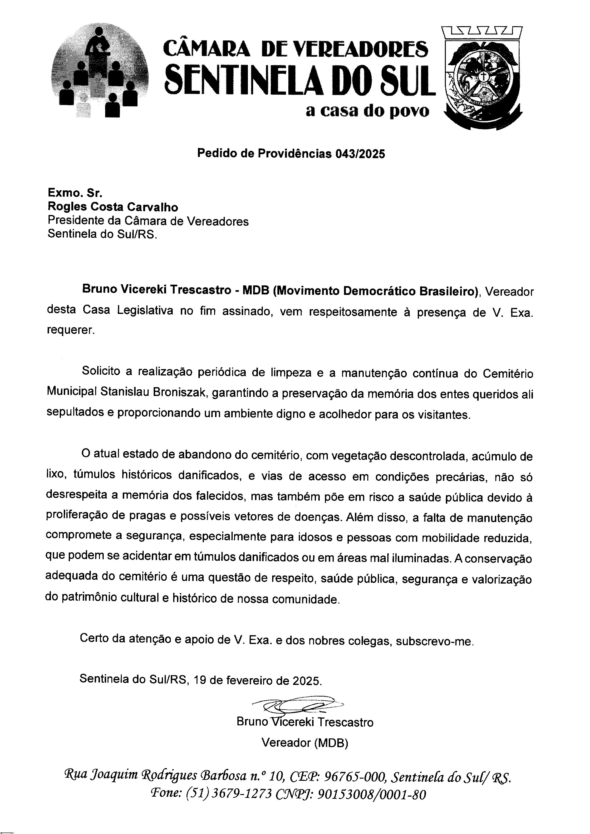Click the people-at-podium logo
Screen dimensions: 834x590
click(100, 71)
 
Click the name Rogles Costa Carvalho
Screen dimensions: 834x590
click(113, 207)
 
